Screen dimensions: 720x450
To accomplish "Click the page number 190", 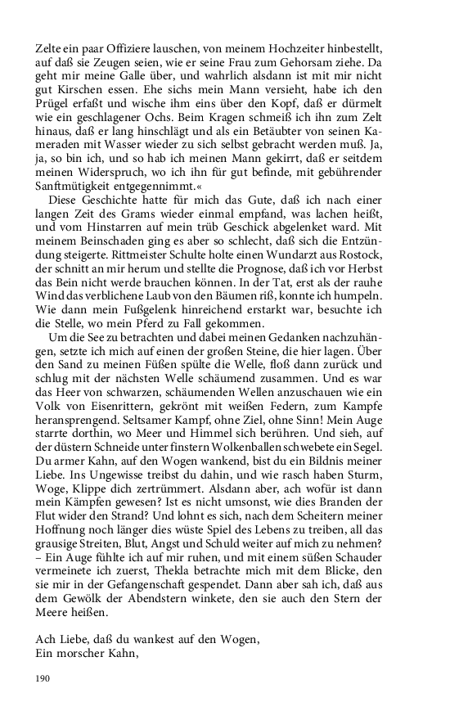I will (x=43, y=678).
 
